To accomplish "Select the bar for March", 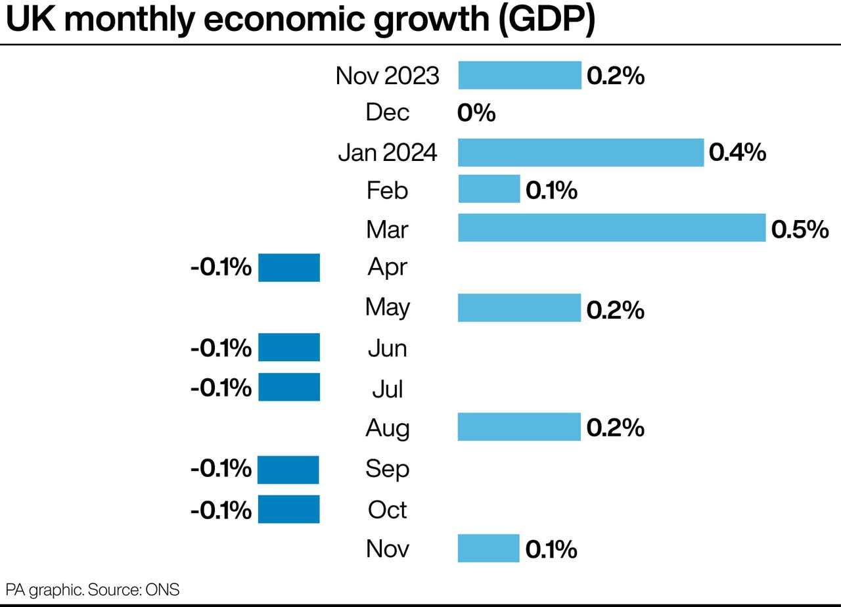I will (x=611, y=227).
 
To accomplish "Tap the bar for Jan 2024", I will (x=580, y=152).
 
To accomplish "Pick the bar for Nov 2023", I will (x=519, y=75).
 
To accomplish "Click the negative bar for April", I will (x=288, y=267).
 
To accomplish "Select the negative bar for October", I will (x=288, y=509).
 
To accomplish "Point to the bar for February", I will (x=489, y=189).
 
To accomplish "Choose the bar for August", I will (x=519, y=427).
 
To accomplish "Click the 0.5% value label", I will (x=800, y=229).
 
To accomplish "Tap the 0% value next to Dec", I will (x=476, y=114).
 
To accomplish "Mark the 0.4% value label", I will (x=737, y=153).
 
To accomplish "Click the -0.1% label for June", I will (x=221, y=348).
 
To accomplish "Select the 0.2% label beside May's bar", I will (x=615, y=309).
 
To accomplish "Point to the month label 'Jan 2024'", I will (x=388, y=152).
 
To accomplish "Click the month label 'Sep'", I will (x=388, y=469).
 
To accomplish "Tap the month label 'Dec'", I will (x=388, y=112).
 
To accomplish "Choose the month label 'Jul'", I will (x=388, y=389).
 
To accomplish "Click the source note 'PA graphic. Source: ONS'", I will (x=93, y=589).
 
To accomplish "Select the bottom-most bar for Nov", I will (x=489, y=549).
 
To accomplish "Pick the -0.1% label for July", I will (x=221, y=388).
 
